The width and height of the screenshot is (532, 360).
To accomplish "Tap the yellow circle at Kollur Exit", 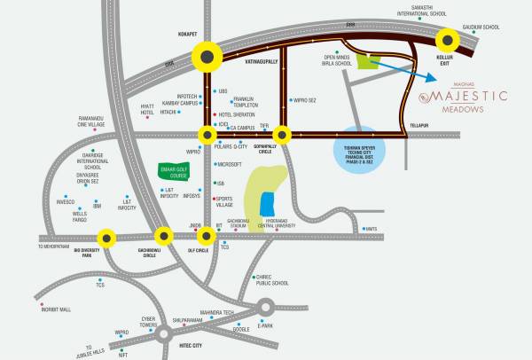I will [x=447, y=39].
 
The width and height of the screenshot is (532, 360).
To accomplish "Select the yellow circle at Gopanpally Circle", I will [x=282, y=135].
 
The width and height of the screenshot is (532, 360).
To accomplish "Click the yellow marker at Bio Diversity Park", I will [x=106, y=237].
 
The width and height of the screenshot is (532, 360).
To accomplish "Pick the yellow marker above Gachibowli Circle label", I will [x=163, y=237].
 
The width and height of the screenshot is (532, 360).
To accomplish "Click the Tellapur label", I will [x=419, y=126].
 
